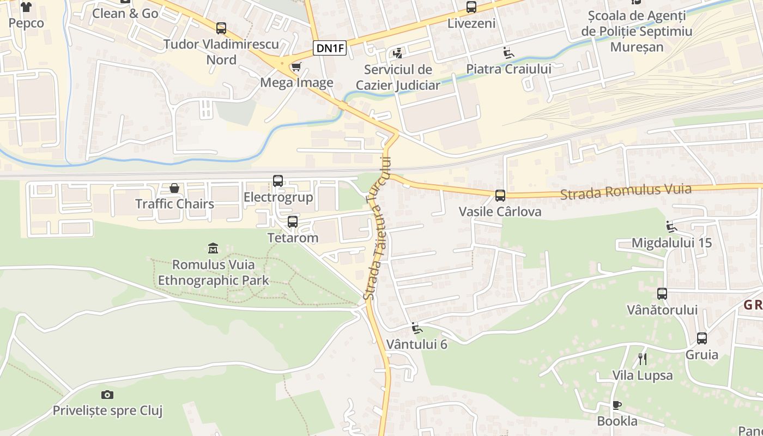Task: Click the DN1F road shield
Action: click(x=330, y=48)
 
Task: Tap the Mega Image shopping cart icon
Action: click(x=296, y=67)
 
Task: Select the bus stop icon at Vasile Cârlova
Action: click(x=500, y=196)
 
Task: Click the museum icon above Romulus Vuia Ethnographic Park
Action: click(x=213, y=249)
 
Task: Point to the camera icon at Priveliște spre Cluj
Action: click(x=107, y=395)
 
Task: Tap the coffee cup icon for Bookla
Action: click(x=616, y=405)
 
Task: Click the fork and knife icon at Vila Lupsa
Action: click(x=642, y=359)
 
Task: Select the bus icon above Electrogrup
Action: click(x=278, y=181)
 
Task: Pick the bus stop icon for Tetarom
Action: click(x=293, y=222)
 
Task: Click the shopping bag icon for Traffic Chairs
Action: click(x=174, y=188)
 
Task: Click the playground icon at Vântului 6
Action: click(x=416, y=328)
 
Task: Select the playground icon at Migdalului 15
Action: click(x=671, y=227)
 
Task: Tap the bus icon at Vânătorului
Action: click(x=662, y=294)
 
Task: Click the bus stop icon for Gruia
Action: click(x=702, y=338)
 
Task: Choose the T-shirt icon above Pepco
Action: click(x=26, y=7)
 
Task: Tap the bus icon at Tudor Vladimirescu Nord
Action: click(x=221, y=28)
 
